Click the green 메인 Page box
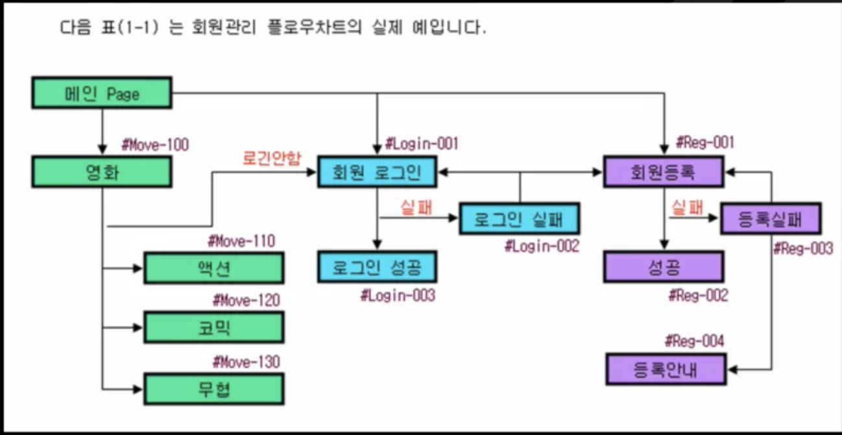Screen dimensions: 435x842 [102, 93]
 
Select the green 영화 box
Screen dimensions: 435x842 [102, 172]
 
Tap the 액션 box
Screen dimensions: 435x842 [213, 268]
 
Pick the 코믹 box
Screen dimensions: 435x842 [213, 327]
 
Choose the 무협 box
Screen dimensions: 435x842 [213, 390]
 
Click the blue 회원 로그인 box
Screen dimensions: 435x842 [376, 172]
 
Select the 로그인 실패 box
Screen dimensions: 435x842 [519, 219]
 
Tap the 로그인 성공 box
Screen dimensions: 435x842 [376, 266]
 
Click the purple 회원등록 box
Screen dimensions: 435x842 [663, 172]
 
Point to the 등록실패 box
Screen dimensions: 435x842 [771, 219]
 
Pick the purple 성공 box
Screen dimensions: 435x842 [663, 266]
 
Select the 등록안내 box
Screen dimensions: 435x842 [666, 369]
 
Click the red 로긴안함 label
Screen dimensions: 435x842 [271, 158]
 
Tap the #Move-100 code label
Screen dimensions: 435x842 [155, 145]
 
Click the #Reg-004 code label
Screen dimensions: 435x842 [694, 340]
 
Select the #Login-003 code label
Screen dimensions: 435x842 [398, 295]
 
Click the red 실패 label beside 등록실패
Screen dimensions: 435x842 [688, 208]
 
